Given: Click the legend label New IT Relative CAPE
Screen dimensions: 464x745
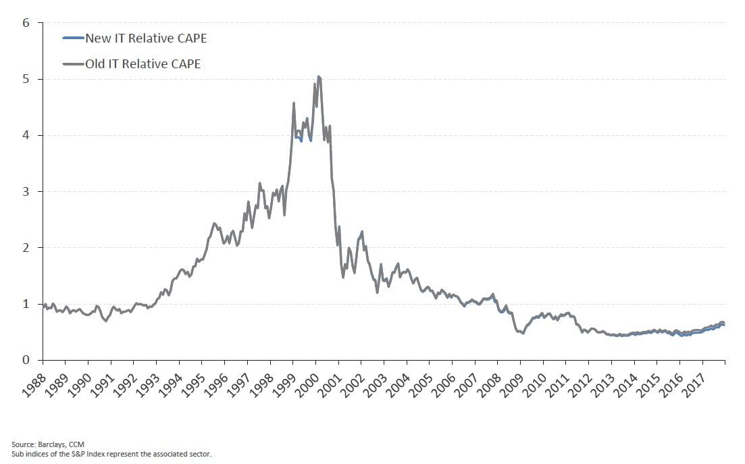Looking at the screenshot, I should pyautogui.click(x=146, y=38).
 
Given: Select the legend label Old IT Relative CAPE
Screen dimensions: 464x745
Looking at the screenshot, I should pyautogui.click(x=143, y=64).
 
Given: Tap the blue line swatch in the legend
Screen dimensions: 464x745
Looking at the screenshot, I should pyautogui.click(x=74, y=38).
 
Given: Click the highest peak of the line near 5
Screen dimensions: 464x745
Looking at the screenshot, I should pyautogui.click(x=319, y=77).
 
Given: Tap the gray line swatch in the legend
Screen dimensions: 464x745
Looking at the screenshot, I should pyautogui.click(x=74, y=64).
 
